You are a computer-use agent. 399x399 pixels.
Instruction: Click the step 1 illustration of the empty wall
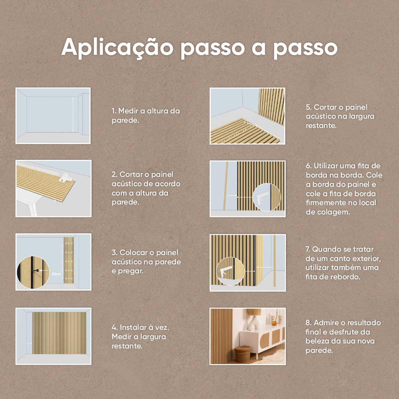(53, 116)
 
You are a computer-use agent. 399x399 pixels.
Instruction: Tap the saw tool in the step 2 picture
(65, 177)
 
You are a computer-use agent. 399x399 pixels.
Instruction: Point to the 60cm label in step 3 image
(56, 274)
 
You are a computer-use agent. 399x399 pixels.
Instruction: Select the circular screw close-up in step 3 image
(33, 272)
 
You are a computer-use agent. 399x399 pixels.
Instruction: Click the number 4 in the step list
(114, 328)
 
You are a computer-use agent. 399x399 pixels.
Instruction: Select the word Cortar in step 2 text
(131, 175)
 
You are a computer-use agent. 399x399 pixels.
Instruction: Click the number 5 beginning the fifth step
(308, 107)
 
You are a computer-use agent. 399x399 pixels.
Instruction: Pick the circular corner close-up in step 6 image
(266, 197)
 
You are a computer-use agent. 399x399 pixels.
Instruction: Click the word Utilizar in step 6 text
(328, 166)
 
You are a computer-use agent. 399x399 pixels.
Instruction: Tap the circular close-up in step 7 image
(230, 271)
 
